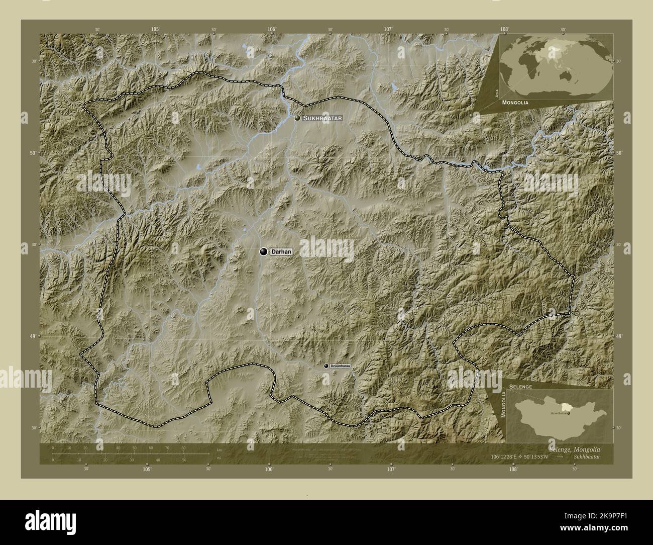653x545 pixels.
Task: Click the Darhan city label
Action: pos(281,251)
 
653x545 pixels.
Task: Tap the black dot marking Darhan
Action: pos(263,251)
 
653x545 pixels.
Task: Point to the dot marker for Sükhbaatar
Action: pos(298,118)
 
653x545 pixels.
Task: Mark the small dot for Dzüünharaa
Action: pos(326,367)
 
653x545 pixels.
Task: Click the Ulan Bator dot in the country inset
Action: pos(569,413)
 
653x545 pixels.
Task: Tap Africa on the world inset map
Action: pos(526,64)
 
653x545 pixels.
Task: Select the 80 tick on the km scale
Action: pos(183,448)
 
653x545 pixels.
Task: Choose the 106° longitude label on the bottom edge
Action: pos(269,470)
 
